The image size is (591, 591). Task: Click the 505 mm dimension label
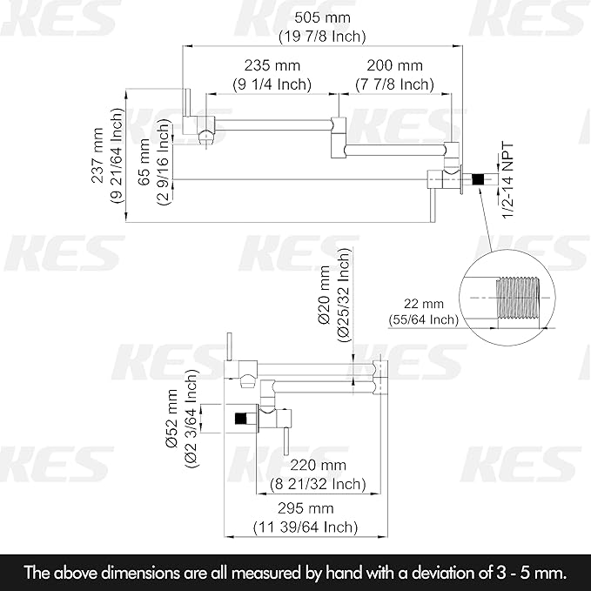[x=322, y=17]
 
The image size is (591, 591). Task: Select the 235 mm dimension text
[x=272, y=65]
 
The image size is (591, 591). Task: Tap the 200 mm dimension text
[x=394, y=65]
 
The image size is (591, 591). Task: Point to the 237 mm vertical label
[x=98, y=155]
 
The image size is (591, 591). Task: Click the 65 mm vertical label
[x=144, y=162]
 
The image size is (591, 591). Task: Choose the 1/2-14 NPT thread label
[x=507, y=180]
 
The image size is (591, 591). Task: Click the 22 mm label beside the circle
[x=424, y=304]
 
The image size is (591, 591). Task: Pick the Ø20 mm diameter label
[x=324, y=295]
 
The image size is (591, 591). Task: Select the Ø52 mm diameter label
[x=171, y=419]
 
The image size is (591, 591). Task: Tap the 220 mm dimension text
[x=318, y=465]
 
